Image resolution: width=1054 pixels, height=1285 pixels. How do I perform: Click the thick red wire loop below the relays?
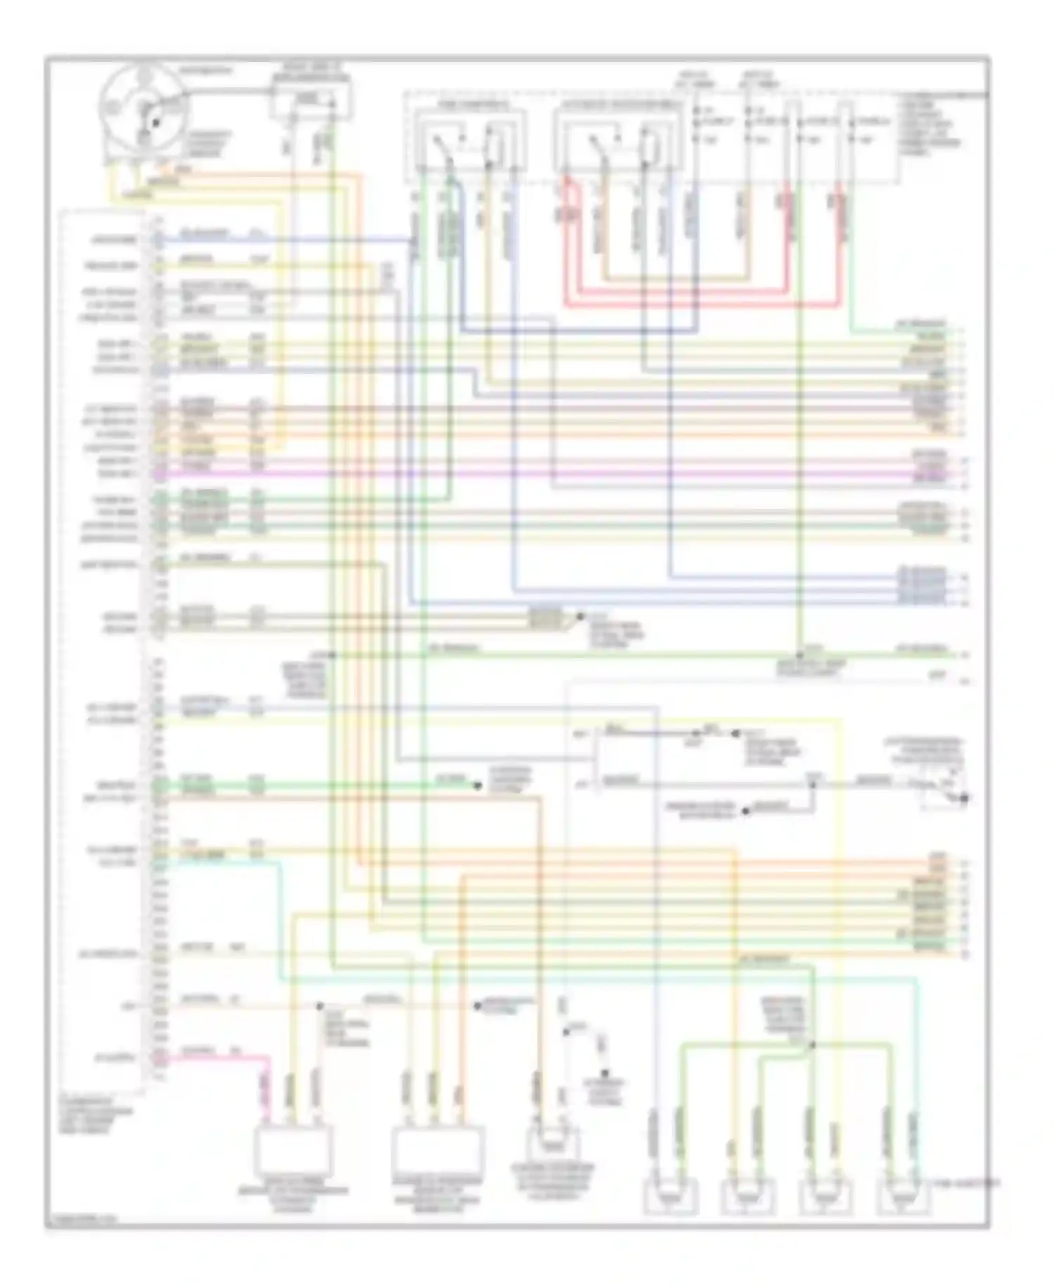pyautogui.click(x=703, y=304)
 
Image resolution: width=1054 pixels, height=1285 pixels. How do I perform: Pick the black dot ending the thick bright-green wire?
pyautogui.click(x=478, y=786)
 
